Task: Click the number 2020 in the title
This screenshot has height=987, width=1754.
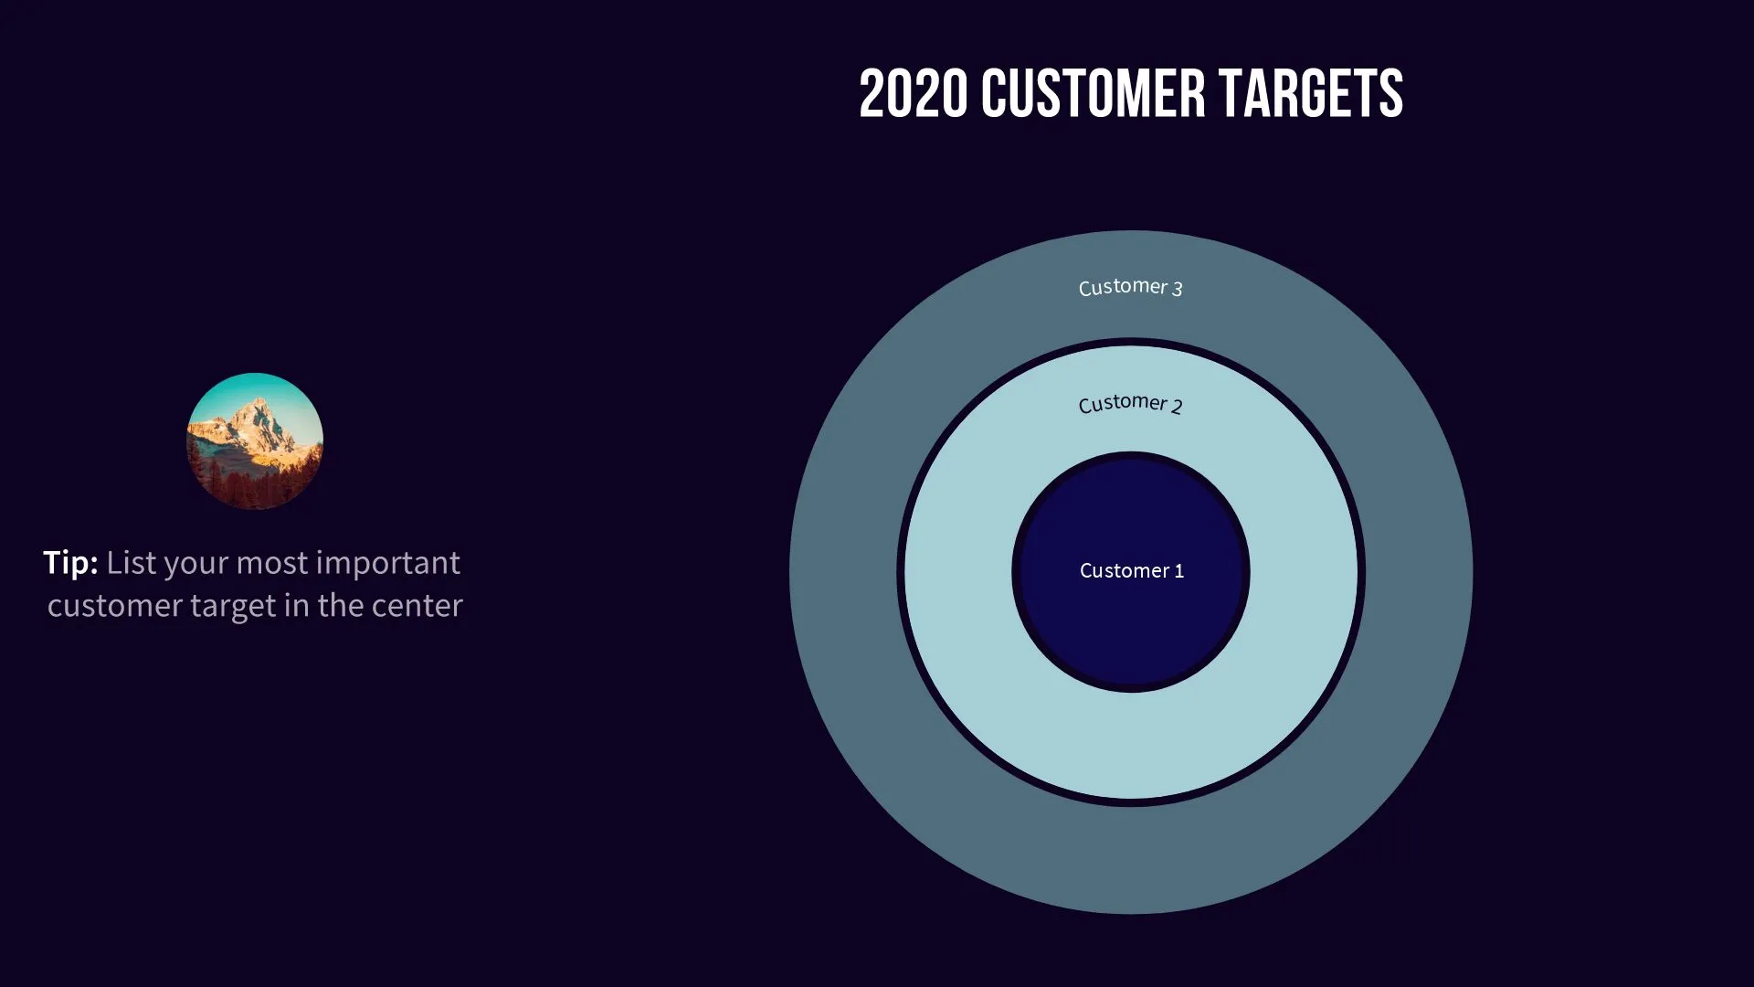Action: pos(913,94)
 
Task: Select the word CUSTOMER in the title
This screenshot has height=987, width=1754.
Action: pos(1093,94)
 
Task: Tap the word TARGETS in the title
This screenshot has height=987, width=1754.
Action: pos(1311,94)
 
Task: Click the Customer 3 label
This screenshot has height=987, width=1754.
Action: pos(1130,287)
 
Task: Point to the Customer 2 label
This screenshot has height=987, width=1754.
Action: pos(1130,403)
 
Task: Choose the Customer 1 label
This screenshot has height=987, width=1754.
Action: pos(1131,570)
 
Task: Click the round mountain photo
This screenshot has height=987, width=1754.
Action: pos(255,441)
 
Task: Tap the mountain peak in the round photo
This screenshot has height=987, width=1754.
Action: pos(261,405)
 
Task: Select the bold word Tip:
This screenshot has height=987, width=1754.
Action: pos(70,562)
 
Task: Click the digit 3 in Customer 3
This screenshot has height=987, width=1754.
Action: pos(1178,289)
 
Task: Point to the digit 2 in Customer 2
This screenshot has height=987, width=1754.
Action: pos(1177,407)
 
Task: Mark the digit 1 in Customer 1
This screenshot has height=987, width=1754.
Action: pos(1179,570)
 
